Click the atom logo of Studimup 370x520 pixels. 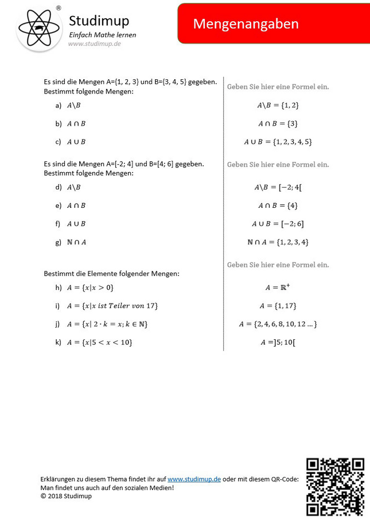coord(39,27)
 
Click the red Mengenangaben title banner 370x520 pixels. coord(274,24)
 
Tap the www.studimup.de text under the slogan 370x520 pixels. coord(95,44)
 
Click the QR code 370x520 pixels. coord(335,486)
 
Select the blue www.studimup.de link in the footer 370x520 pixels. coord(194,479)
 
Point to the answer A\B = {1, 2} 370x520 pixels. coord(278,105)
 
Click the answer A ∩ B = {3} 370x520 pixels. coord(278,123)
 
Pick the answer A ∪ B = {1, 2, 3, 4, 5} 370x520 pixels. coord(278,142)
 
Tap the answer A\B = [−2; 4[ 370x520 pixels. coord(278,187)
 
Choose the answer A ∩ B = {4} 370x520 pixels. coord(278,205)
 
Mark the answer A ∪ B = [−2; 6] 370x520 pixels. coord(278,224)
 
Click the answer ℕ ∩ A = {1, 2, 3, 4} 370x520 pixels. coord(278,242)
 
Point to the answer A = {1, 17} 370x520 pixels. coord(278,306)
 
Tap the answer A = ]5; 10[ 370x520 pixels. coord(278,343)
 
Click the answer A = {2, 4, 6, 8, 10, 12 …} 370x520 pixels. coord(278,324)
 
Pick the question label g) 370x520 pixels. coord(59,242)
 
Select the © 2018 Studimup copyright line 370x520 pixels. coord(66,496)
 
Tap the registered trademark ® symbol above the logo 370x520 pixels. coord(59,8)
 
